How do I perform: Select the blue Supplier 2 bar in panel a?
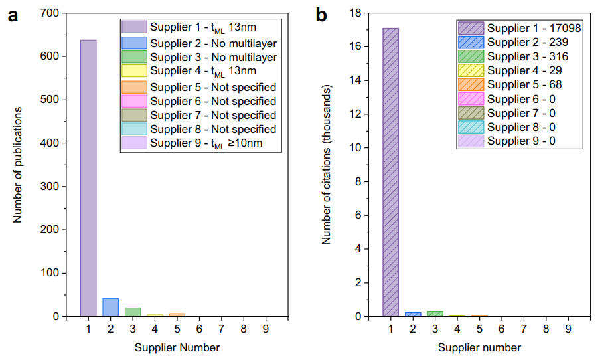pos(110,308)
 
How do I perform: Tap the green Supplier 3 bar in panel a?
pos(133,312)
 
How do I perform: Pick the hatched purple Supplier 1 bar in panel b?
pos(390,172)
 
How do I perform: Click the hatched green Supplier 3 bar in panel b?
pos(435,314)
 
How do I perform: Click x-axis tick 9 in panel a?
pos(266,327)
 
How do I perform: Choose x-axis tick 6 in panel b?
pos(502,327)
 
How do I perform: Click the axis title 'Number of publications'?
pos(19,165)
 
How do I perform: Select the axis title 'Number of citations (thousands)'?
pos(327,165)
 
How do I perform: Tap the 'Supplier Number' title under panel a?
pos(177,347)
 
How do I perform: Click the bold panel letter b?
pos(321,15)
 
